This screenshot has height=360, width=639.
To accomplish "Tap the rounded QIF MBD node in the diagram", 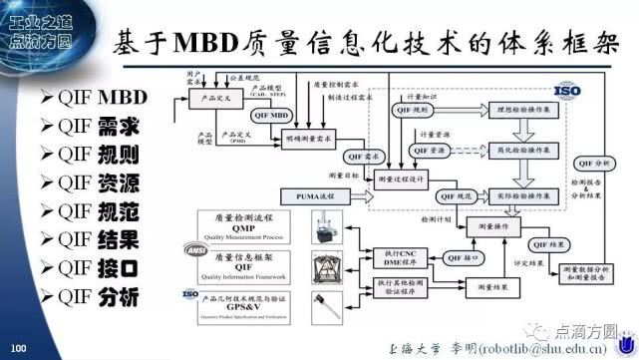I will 270,118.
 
